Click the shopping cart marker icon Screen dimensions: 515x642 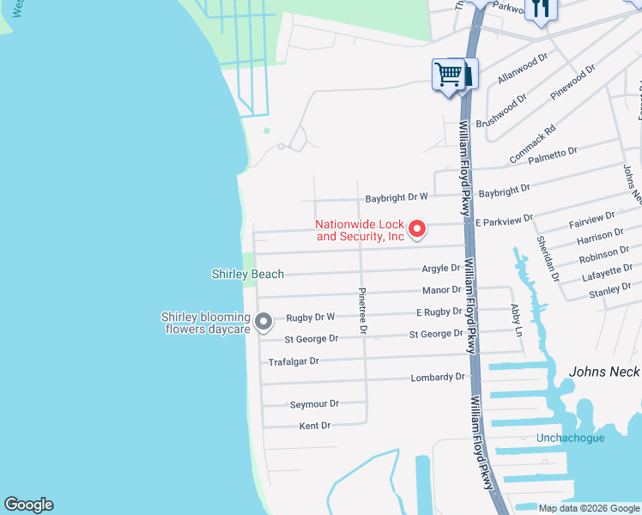click(x=447, y=75)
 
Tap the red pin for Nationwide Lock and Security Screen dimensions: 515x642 click(x=417, y=228)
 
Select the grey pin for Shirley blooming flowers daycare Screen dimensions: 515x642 click(x=263, y=322)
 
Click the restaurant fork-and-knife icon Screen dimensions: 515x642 click(x=540, y=9)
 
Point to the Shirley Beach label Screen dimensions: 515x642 click(x=248, y=274)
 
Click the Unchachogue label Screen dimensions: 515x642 click(x=571, y=438)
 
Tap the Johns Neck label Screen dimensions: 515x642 click(x=604, y=372)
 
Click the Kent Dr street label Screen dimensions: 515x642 click(x=315, y=426)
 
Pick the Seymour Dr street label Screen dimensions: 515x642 click(x=314, y=403)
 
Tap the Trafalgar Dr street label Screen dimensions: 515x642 click(x=294, y=361)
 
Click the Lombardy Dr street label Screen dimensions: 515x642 click(x=438, y=377)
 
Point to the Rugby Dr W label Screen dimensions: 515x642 click(x=310, y=317)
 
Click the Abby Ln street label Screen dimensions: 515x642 click(x=515, y=314)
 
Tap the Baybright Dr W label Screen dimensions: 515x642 click(x=397, y=197)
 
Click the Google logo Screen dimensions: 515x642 click(x=28, y=505)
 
